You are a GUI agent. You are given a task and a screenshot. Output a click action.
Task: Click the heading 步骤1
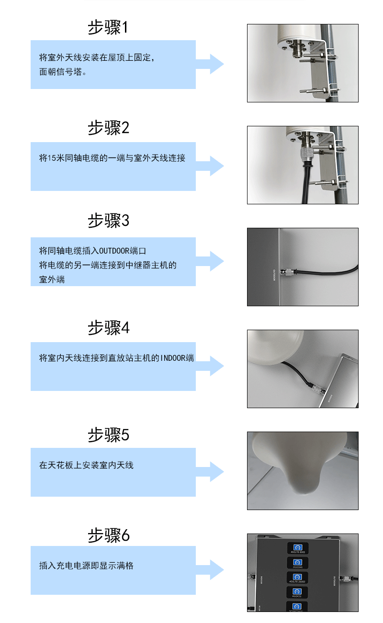coord(108,27)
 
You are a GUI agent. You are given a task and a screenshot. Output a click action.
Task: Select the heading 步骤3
coord(108,221)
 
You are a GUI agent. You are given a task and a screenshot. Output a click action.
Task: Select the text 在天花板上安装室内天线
coord(86,465)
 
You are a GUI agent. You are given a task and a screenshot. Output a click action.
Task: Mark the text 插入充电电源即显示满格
coord(86,566)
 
